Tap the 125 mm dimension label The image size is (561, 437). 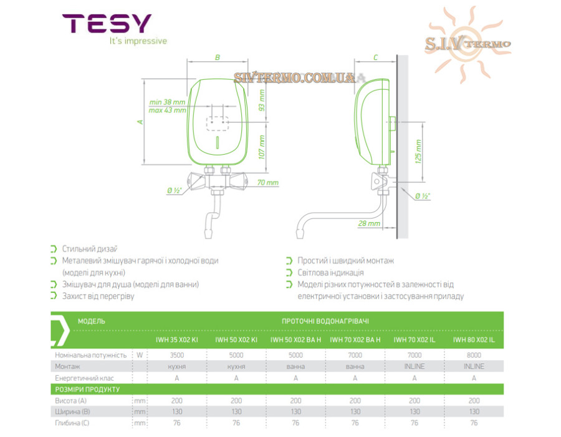pyautogui.click(x=418, y=152)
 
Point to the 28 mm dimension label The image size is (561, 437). pyautogui.click(x=369, y=223)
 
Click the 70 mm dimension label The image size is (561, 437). pyautogui.click(x=267, y=182)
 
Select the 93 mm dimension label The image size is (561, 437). pyautogui.click(x=262, y=101)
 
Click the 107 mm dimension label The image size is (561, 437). pyautogui.click(x=262, y=147)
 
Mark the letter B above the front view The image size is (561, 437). pyautogui.click(x=217, y=57)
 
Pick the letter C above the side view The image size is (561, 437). pyautogui.click(x=375, y=57)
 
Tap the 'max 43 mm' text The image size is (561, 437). pyautogui.click(x=167, y=110)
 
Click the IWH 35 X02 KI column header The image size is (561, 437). pyautogui.click(x=177, y=340)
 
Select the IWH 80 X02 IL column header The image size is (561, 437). pyautogui.click(x=474, y=340)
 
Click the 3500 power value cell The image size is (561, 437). pyautogui.click(x=177, y=355)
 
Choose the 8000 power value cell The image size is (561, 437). pyautogui.click(x=474, y=355)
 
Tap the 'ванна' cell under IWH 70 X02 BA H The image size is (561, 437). pyautogui.click(x=355, y=366)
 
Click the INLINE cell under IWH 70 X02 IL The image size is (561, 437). pyautogui.click(x=415, y=366)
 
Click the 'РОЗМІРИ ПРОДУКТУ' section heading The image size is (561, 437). pyautogui.click(x=87, y=390)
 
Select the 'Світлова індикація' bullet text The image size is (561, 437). pyautogui.click(x=330, y=273)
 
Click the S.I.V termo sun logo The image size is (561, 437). pyautogui.click(x=467, y=44)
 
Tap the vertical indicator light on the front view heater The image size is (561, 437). pyautogui.click(x=218, y=142)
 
